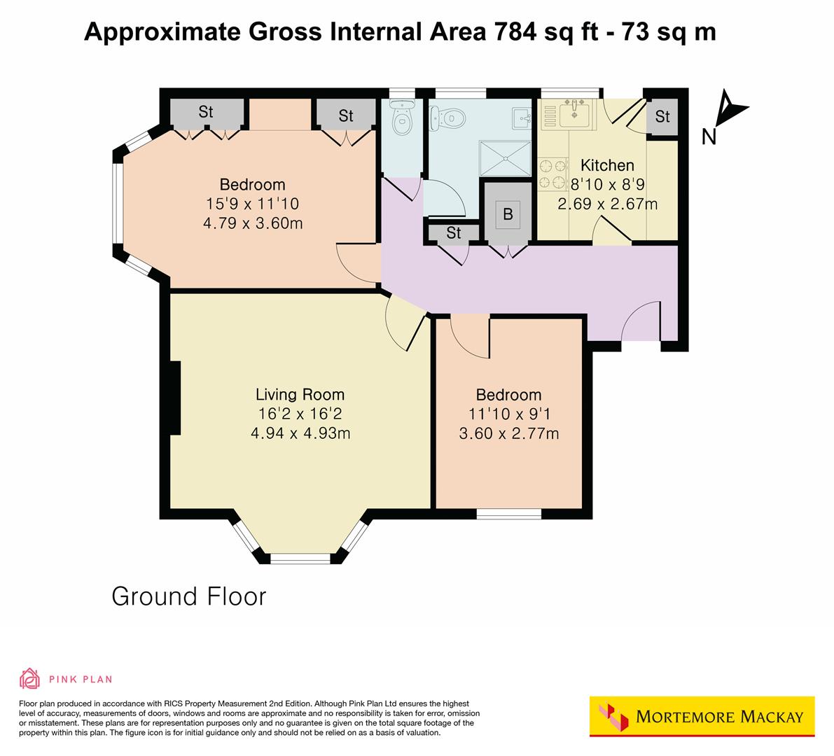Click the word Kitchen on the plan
607,166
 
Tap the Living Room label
300,395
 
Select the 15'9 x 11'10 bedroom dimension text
252,204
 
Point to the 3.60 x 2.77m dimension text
508,434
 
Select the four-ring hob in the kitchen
551,175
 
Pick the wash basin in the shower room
522,118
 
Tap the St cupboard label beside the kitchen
662,117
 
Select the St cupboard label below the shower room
453,233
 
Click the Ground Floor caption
189,596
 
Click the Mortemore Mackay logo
702,716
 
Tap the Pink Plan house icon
29,678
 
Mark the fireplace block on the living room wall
175,398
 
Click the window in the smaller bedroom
508,514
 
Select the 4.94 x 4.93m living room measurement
300,433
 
